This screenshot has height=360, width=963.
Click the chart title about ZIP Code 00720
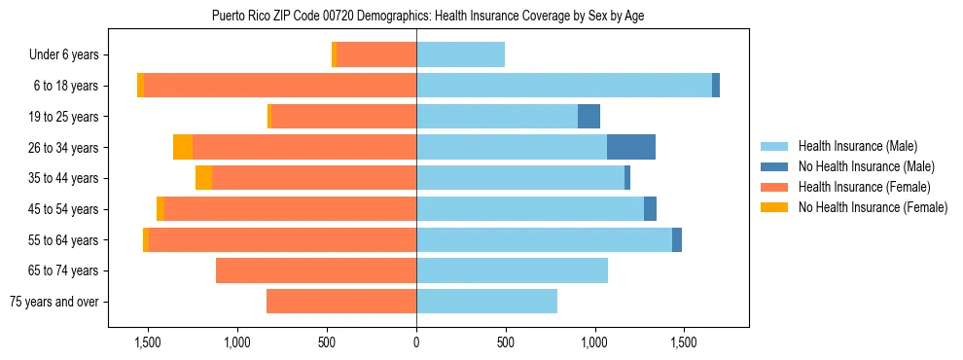[x=428, y=16]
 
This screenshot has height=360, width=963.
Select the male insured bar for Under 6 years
[x=460, y=54]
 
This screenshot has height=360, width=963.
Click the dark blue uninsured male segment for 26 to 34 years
[x=630, y=147]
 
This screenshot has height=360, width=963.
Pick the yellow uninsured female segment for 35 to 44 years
[x=203, y=178]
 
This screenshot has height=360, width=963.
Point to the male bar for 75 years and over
[x=486, y=302]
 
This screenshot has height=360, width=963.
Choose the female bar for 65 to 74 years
[x=316, y=270]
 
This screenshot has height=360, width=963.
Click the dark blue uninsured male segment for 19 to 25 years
[x=588, y=117]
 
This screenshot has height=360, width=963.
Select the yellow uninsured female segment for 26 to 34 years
[x=183, y=147]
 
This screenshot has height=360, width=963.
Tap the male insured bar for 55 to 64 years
[x=544, y=239]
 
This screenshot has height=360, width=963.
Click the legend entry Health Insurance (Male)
[x=857, y=146]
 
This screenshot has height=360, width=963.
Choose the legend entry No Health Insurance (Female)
[x=873, y=207]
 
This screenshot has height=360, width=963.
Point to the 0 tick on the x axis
[x=416, y=342]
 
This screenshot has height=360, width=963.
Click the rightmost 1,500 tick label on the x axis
[x=684, y=342]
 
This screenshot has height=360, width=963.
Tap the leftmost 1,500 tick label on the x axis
[x=148, y=342]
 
